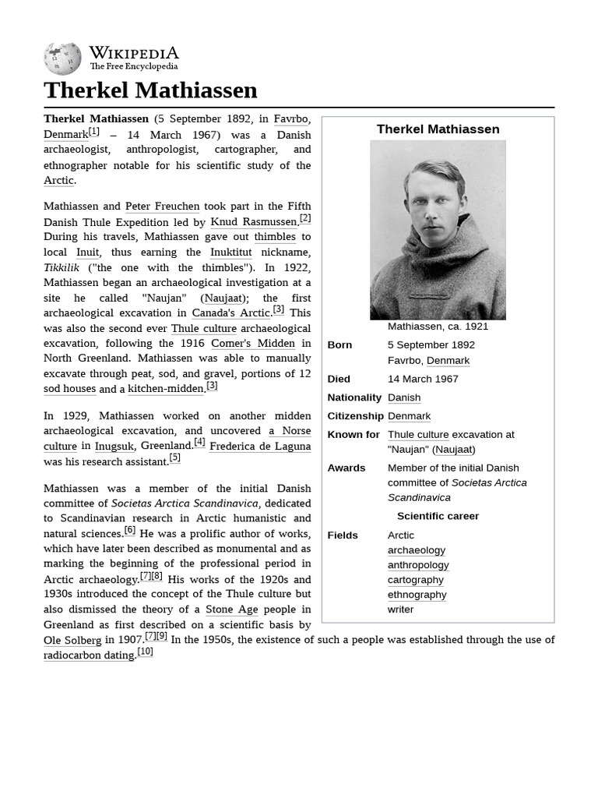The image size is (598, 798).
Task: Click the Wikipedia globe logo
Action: pyautogui.click(x=62, y=58)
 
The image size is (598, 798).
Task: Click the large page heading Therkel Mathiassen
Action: pyautogui.click(x=150, y=90)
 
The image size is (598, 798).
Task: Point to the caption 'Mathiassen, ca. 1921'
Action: pyautogui.click(x=438, y=327)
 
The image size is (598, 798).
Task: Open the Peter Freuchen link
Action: pyautogui.click(x=162, y=207)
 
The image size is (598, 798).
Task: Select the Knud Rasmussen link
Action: pyautogui.click(x=255, y=222)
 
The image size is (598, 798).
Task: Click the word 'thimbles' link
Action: pyautogui.click(x=275, y=237)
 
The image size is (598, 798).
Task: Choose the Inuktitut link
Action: pyautogui.click(x=230, y=252)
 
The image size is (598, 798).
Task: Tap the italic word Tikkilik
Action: pyautogui.click(x=62, y=267)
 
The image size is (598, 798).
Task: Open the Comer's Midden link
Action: pyautogui.click(x=253, y=343)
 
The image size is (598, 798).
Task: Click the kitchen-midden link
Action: pyautogui.click(x=165, y=389)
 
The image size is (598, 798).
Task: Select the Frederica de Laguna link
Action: pyautogui.click(x=260, y=447)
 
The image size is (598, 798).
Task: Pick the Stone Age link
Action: pyautogui.click(x=231, y=609)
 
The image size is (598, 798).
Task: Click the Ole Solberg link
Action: pyautogui.click(x=72, y=641)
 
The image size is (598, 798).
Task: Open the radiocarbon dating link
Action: pyautogui.click(x=89, y=655)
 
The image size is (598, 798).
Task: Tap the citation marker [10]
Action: pyautogui.click(x=146, y=651)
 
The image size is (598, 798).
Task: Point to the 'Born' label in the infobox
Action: pyautogui.click(x=339, y=344)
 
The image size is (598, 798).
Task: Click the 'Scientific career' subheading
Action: pyautogui.click(x=438, y=516)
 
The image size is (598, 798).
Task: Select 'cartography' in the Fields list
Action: pyautogui.click(x=415, y=580)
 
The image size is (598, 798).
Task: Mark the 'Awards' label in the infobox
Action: pyautogui.click(x=346, y=468)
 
